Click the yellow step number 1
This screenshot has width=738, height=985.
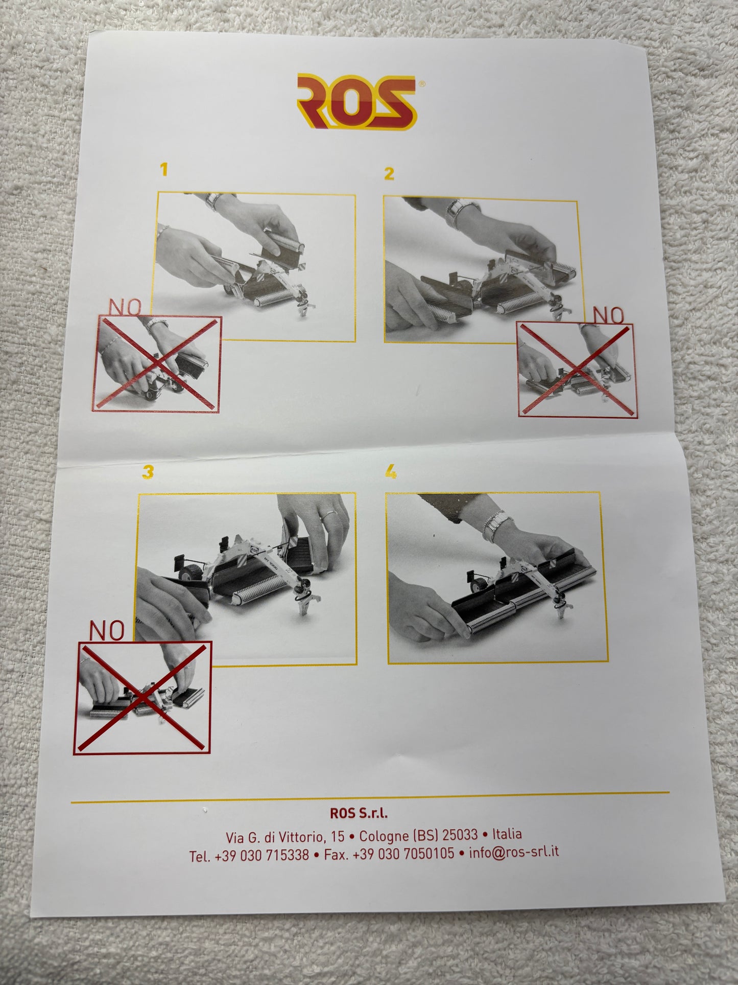[x=163, y=170]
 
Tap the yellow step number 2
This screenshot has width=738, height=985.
[x=389, y=174]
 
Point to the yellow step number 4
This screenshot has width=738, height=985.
[x=391, y=473]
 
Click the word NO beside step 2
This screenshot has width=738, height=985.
[x=609, y=315]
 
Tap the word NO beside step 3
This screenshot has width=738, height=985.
[x=107, y=631]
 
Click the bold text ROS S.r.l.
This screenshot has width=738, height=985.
[x=359, y=812]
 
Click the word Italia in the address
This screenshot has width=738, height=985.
[x=507, y=834]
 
